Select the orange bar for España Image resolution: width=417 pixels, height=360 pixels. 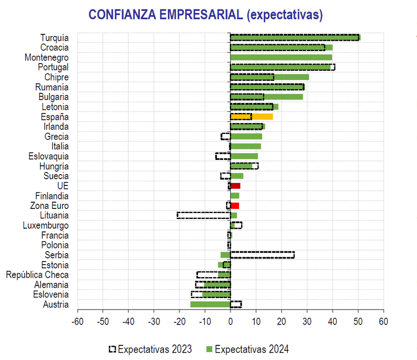pyautogui.click(x=251, y=117)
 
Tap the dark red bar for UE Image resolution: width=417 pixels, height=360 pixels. pyautogui.click(x=235, y=186)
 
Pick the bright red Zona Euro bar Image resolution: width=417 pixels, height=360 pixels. pyautogui.click(x=235, y=206)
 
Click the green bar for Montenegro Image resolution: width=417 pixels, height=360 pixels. pyautogui.click(x=281, y=57)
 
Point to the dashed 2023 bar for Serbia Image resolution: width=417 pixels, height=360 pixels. pyautogui.click(x=262, y=255)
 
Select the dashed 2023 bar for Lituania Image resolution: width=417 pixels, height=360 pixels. pyautogui.click(x=204, y=215)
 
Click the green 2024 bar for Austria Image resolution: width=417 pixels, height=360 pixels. pyautogui.click(x=210, y=304)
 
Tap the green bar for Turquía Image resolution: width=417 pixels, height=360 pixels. pyautogui.click(x=295, y=38)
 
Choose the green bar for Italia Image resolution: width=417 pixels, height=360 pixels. pyautogui.click(x=246, y=146)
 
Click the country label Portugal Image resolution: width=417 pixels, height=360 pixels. pyautogui.click(x=53, y=67)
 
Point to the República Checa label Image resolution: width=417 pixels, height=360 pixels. pyautogui.click(x=37, y=275)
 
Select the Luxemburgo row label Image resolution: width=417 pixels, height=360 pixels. pyautogui.click(x=46, y=226)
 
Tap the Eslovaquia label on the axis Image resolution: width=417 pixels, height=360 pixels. pyautogui.click(x=48, y=156)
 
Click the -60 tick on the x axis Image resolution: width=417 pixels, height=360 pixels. pyautogui.click(x=77, y=320)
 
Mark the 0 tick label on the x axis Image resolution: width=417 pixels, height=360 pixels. pyautogui.click(x=230, y=320)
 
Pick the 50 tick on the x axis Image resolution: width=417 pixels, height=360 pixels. pyautogui.click(x=358, y=320)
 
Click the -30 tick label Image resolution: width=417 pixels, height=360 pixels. pyautogui.click(x=154, y=320)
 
